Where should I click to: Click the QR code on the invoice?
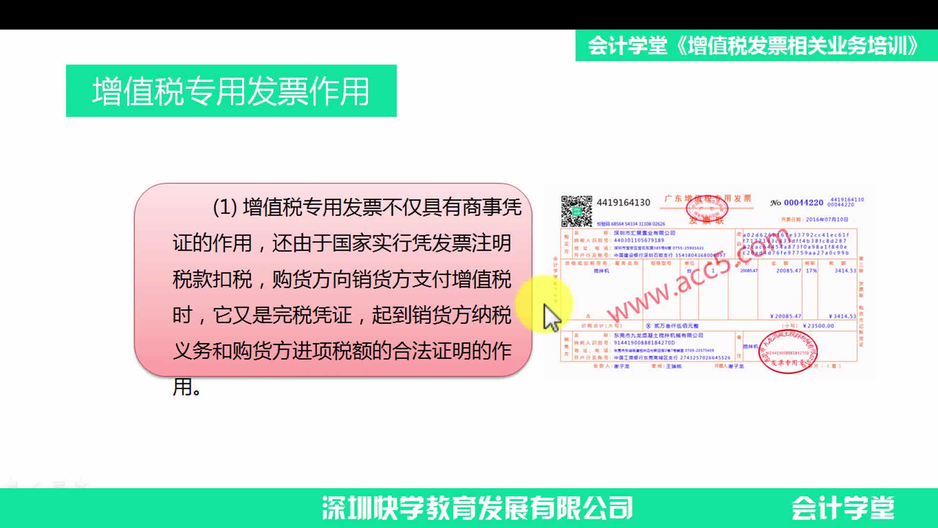[x=576, y=211]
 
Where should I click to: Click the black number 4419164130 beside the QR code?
[x=623, y=202]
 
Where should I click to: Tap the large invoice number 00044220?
[x=803, y=202]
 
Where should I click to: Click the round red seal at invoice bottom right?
[x=788, y=352]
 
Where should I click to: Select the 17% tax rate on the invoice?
[x=811, y=270]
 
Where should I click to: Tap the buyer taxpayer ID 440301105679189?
[x=639, y=240]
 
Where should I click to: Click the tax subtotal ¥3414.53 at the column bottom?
[x=842, y=316]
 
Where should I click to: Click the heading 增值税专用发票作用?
[x=231, y=91]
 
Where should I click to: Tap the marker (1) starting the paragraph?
[x=225, y=207]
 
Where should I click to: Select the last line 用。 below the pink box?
[x=187, y=387]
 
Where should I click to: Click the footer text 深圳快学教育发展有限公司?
[x=477, y=508]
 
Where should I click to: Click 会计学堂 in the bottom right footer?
[x=842, y=508]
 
